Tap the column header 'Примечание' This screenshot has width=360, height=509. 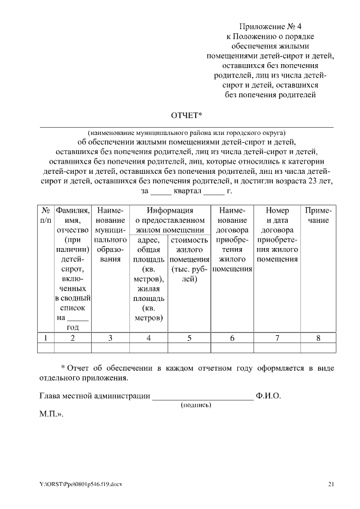tap(318, 215)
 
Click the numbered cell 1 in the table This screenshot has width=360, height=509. tap(45, 337)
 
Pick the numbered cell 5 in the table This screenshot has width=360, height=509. tap(189, 337)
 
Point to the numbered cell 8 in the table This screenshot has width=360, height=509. tap(318, 337)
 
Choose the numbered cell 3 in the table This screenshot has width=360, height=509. tap(110, 337)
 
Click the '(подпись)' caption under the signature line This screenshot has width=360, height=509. tap(195, 404)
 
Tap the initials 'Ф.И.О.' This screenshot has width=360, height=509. tap(268, 395)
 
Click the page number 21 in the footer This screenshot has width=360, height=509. tap(331, 484)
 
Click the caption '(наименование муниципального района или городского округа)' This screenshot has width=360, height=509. tap(186, 131)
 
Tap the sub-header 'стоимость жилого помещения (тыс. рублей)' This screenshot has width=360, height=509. tap(189, 260)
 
